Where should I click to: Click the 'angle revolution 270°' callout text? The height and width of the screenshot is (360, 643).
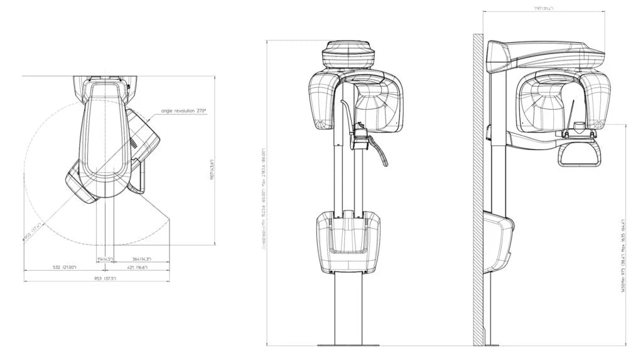click(x=184, y=111)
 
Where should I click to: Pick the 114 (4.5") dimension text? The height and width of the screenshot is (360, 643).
click(x=104, y=259)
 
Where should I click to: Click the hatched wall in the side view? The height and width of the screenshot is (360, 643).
click(x=478, y=188)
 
